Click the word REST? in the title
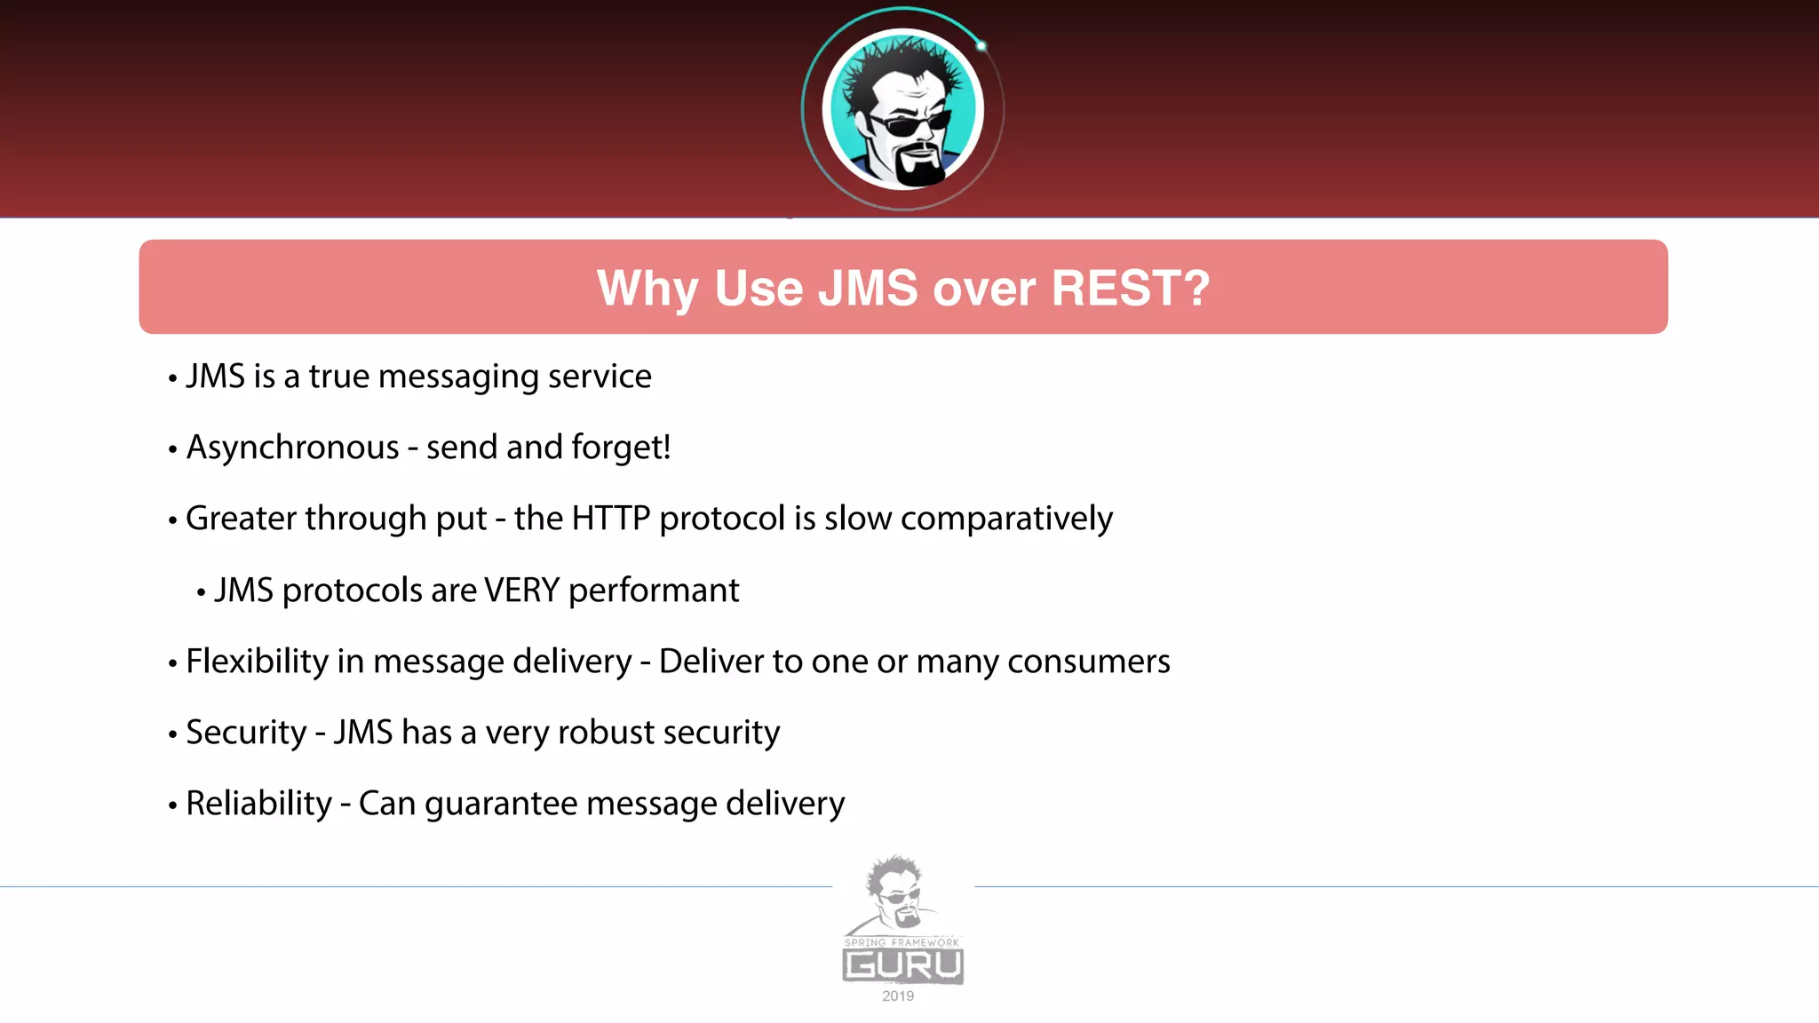[x=1130, y=289]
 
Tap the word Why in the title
[x=647, y=289]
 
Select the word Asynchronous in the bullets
[x=292, y=448]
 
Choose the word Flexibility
[x=258, y=662]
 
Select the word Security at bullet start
[x=246, y=733]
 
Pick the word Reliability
[x=258, y=804]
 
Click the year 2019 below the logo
[x=898, y=996]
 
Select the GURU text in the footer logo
[x=902, y=965]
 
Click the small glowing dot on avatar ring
[x=981, y=46]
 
